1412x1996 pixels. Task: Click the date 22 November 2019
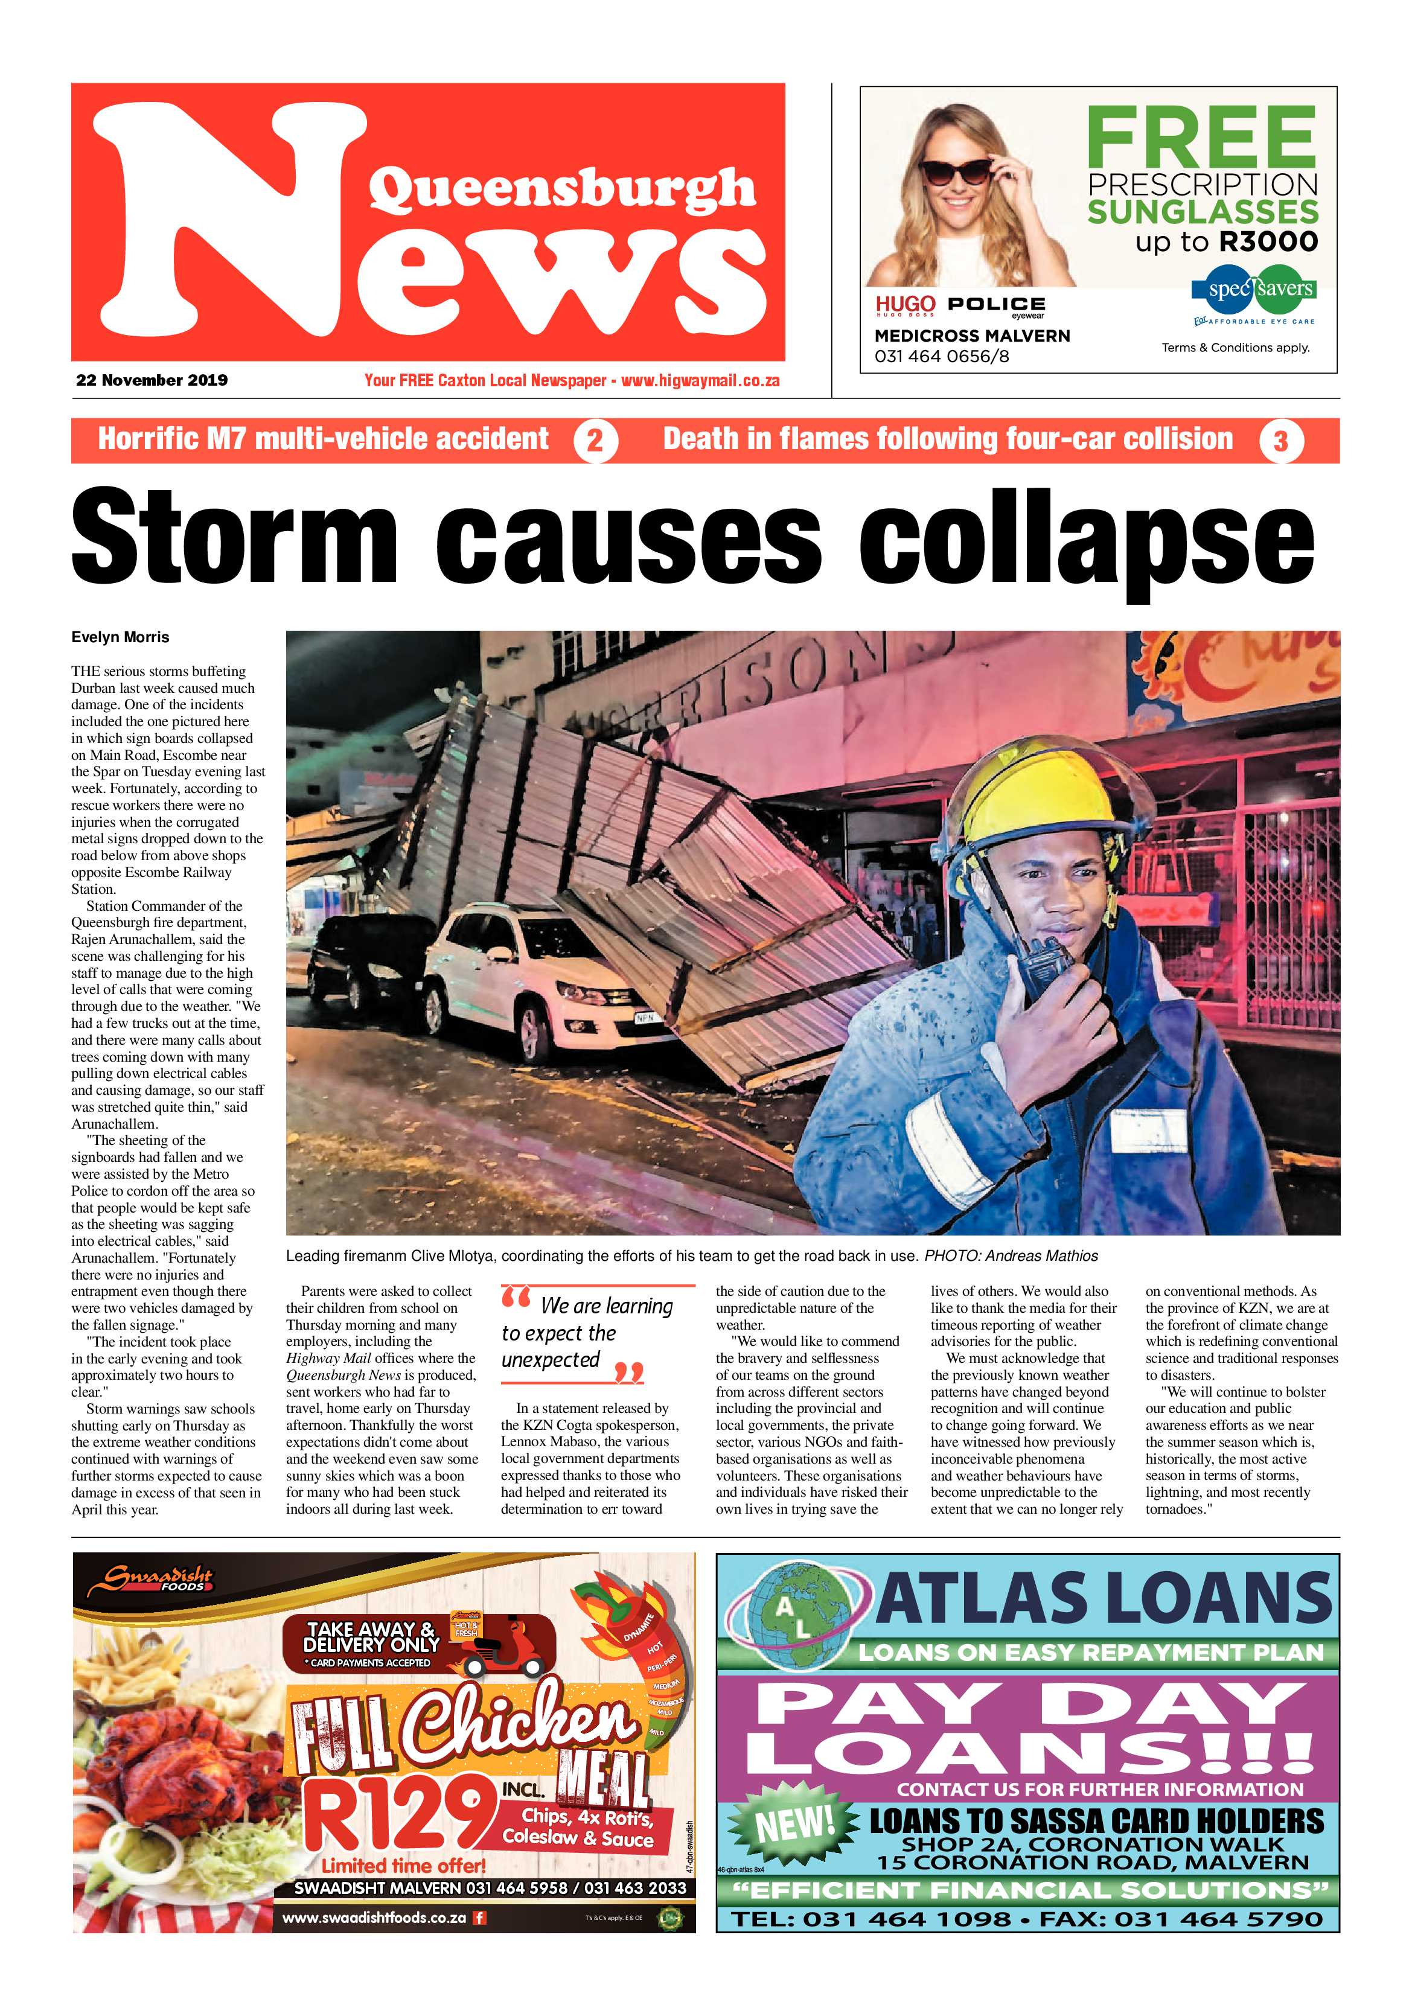tap(152, 380)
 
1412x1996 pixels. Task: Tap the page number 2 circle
tap(596, 441)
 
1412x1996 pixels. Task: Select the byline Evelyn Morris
tap(120, 637)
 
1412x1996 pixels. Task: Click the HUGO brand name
tap(905, 304)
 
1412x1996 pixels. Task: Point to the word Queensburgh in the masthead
tap(561, 190)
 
